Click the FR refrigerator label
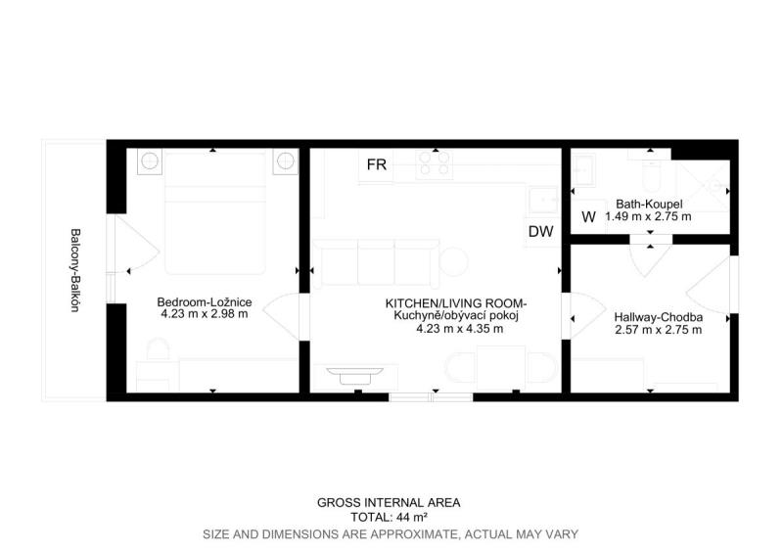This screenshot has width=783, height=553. click(377, 164)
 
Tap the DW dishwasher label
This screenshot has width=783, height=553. click(541, 231)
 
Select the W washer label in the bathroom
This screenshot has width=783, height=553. click(589, 217)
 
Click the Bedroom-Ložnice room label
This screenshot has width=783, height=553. click(205, 301)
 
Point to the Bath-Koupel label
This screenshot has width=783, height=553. click(649, 204)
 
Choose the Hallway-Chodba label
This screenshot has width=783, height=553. click(658, 317)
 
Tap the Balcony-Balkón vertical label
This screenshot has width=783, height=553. click(75, 270)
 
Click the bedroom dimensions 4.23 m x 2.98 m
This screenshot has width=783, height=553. click(205, 314)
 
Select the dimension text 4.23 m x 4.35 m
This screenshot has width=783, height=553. click(459, 328)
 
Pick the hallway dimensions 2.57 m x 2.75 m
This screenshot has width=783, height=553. click(658, 330)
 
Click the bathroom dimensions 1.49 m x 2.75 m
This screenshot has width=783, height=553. click(648, 216)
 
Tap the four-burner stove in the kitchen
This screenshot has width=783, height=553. click(435, 164)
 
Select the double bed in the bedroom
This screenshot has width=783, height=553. click(214, 213)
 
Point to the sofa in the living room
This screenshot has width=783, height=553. click(376, 263)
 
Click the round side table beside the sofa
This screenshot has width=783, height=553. click(453, 262)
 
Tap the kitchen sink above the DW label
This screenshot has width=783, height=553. click(543, 201)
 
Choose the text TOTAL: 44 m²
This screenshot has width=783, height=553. click(389, 517)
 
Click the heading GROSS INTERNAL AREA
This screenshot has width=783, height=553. click(389, 502)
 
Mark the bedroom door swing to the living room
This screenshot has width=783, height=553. click(281, 317)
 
